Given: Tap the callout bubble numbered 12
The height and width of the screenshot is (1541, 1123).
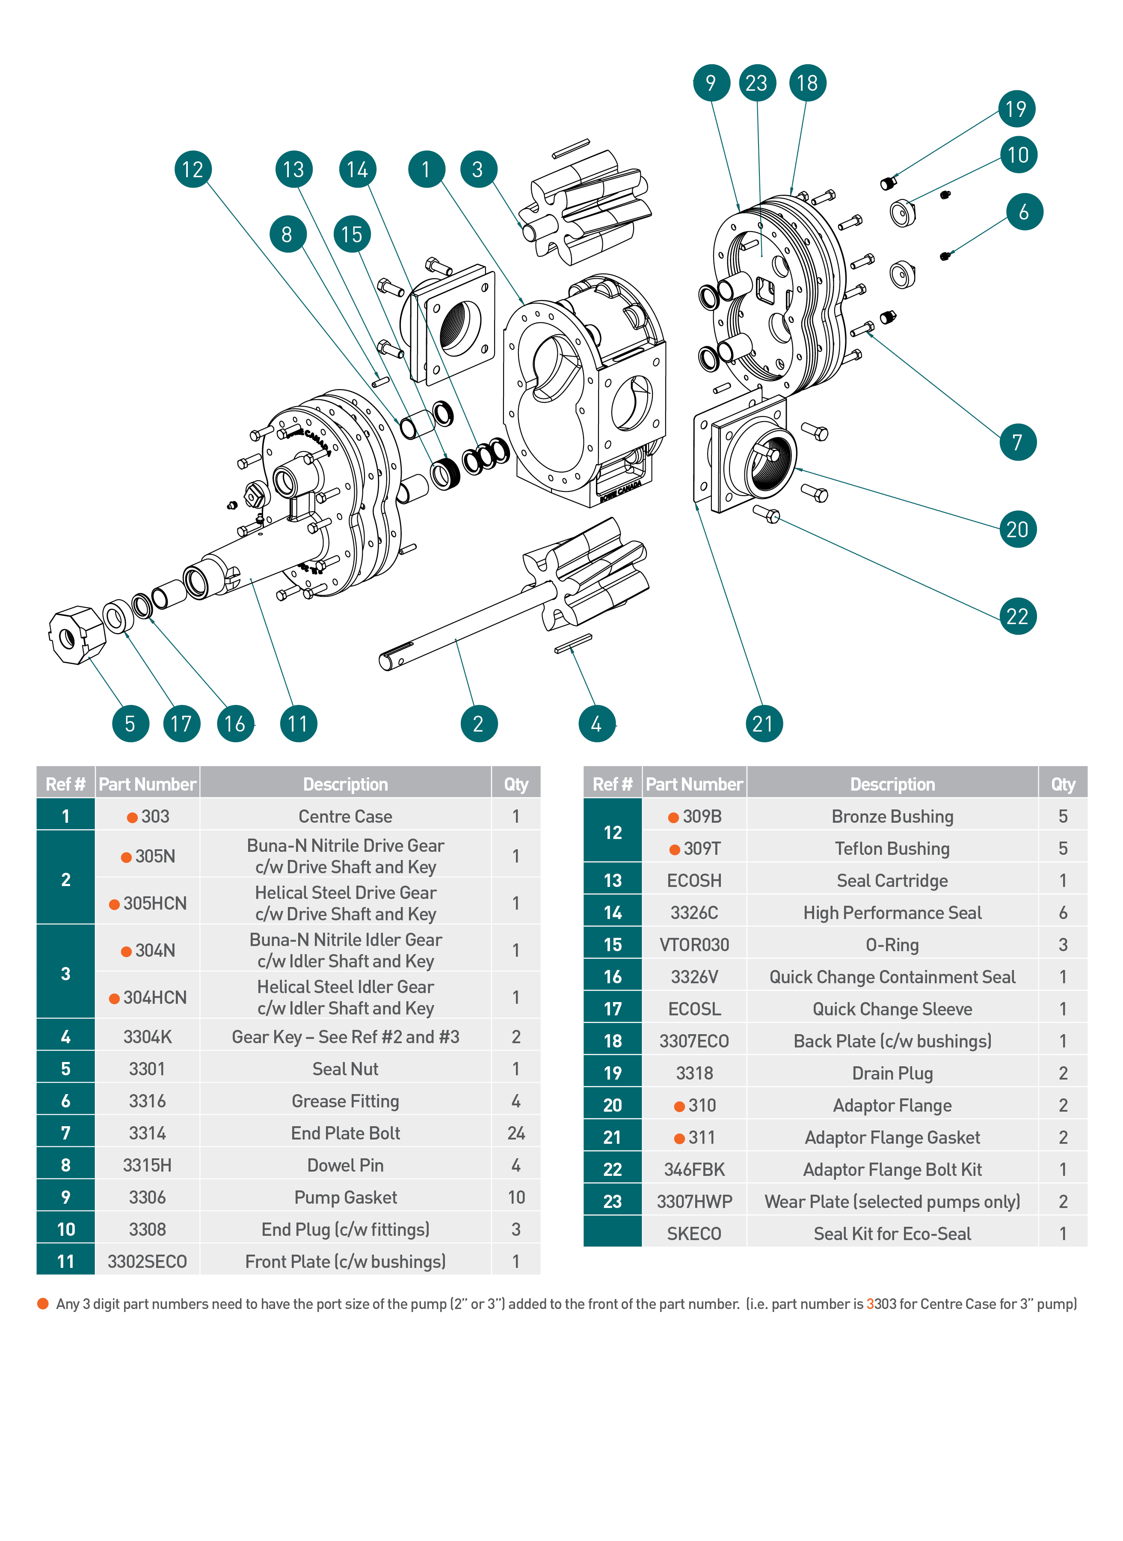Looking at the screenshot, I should (193, 170).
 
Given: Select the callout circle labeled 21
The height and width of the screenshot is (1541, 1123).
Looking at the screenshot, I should (763, 723).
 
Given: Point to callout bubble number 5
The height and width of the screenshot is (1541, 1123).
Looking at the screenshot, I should (130, 723).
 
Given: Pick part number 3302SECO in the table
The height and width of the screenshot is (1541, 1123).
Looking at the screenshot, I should (148, 1261).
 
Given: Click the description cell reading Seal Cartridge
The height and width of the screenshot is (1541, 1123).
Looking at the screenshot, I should (892, 881).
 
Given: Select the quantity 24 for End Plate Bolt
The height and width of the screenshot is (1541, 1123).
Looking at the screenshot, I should (516, 1133).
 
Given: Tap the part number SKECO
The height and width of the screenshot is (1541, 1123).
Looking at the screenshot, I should (694, 1234).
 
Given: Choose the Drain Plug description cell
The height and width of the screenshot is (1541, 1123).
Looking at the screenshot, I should (892, 1073).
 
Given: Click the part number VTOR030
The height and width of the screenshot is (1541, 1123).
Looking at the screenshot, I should (694, 945).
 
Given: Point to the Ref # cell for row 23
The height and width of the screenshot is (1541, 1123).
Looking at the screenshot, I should (613, 1202).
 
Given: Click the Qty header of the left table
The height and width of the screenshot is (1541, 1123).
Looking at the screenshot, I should (516, 784).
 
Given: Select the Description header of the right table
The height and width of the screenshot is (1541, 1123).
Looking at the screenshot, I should (892, 784).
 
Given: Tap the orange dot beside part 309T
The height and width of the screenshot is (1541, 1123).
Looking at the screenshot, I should (674, 849).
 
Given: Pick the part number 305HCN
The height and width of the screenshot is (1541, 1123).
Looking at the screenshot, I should (154, 903).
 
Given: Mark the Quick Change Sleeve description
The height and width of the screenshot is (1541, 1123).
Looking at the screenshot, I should (892, 1009).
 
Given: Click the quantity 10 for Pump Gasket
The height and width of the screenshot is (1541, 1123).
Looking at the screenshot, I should (516, 1198).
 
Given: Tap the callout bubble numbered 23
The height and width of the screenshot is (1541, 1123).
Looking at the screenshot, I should (757, 83).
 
